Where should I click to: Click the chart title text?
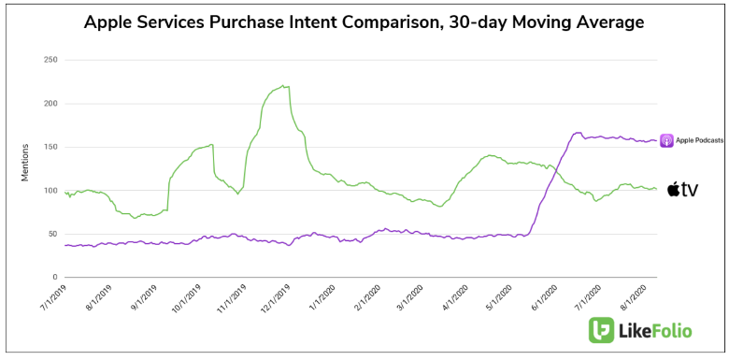coord(364,20)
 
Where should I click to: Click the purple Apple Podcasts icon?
coord(666,141)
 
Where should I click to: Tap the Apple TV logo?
coord(682,190)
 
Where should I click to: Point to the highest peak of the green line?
coord(284,86)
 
